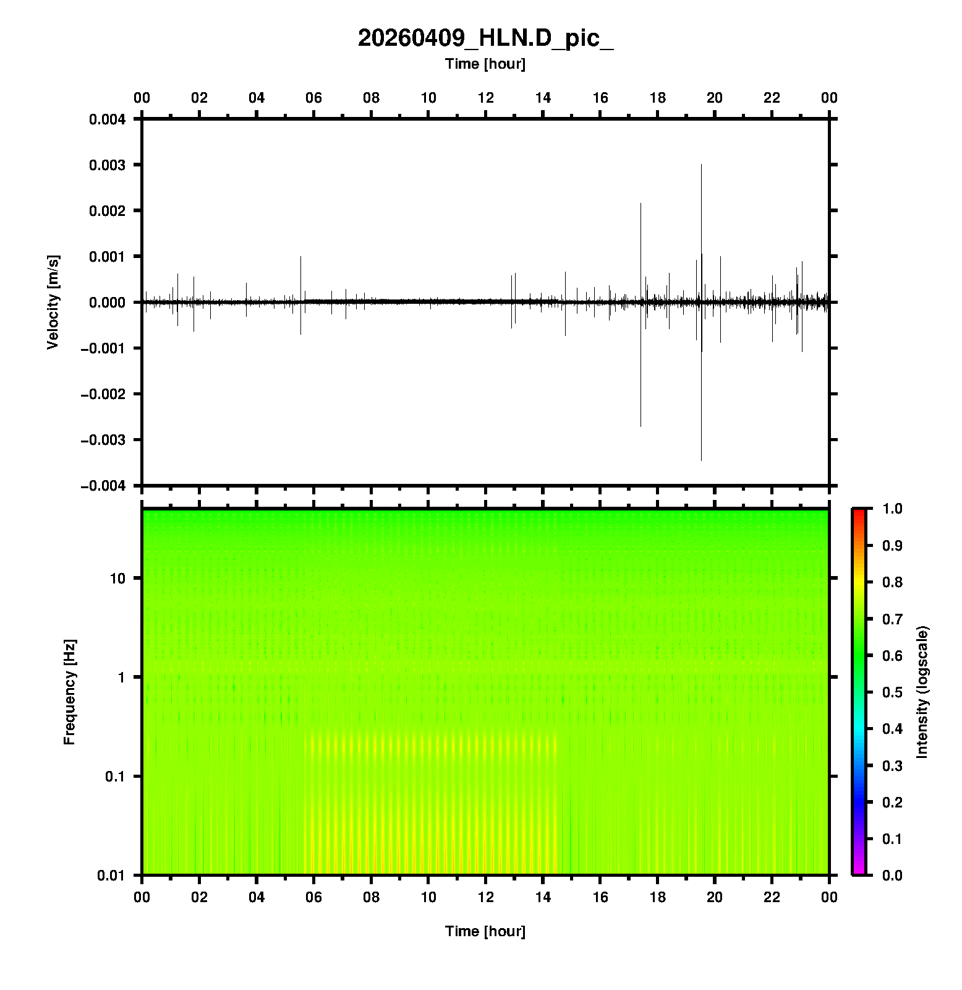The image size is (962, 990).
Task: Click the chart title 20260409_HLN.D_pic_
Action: [x=485, y=38]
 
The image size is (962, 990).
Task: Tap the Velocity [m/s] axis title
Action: [x=53, y=302]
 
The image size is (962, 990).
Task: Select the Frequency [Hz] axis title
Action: [x=69, y=692]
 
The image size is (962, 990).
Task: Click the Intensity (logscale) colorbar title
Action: [x=922, y=692]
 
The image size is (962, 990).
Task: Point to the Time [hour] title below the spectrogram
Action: [x=485, y=931]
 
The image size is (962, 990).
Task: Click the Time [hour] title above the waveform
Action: [x=485, y=64]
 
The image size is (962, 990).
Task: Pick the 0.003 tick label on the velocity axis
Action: [x=108, y=165]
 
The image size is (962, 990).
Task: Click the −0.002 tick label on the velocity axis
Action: [x=103, y=394]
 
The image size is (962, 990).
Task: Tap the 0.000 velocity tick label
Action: [x=108, y=302]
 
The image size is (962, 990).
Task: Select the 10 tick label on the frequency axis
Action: [x=117, y=579]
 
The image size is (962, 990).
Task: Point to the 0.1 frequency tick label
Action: [x=114, y=776]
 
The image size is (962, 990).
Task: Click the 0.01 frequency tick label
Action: [x=111, y=875]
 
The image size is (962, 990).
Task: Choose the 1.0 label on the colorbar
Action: [x=893, y=509]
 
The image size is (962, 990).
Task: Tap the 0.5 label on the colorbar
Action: [x=893, y=692]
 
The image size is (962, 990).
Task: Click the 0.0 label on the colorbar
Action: [x=893, y=875]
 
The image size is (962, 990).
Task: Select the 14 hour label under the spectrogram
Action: [x=543, y=897]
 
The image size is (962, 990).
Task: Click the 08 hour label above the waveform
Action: [x=371, y=98]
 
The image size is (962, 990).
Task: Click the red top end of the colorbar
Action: [x=859, y=512]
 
